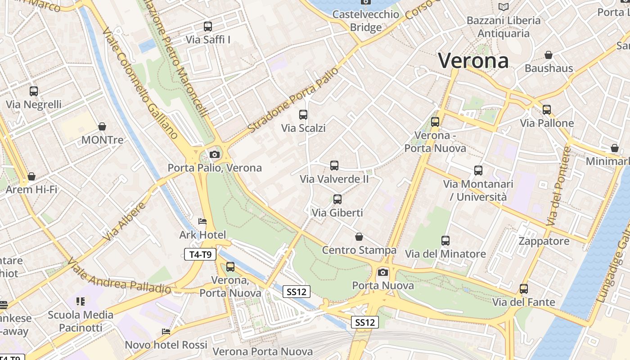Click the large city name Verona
pos(473,61)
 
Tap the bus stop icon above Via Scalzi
pos(303,115)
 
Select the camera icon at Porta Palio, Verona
pos(215,155)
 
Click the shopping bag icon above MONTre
pos(102,126)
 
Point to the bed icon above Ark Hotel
pos(202,221)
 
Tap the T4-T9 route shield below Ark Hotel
pos(200,255)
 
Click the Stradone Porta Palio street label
pos(292,100)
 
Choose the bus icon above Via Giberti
pos(337,199)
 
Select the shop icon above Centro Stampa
pos(359,237)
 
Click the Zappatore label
pos(544,241)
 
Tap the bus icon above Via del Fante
pos(524,289)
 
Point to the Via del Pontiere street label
pos(558,186)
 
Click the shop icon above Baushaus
pos(549,55)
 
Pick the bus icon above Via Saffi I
pos(208,26)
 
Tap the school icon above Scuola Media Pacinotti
pos(81,301)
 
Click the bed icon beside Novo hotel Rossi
pos(166,332)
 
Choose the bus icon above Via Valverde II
pos(334,166)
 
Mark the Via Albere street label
pos(125,221)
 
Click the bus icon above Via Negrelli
pos(34,91)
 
